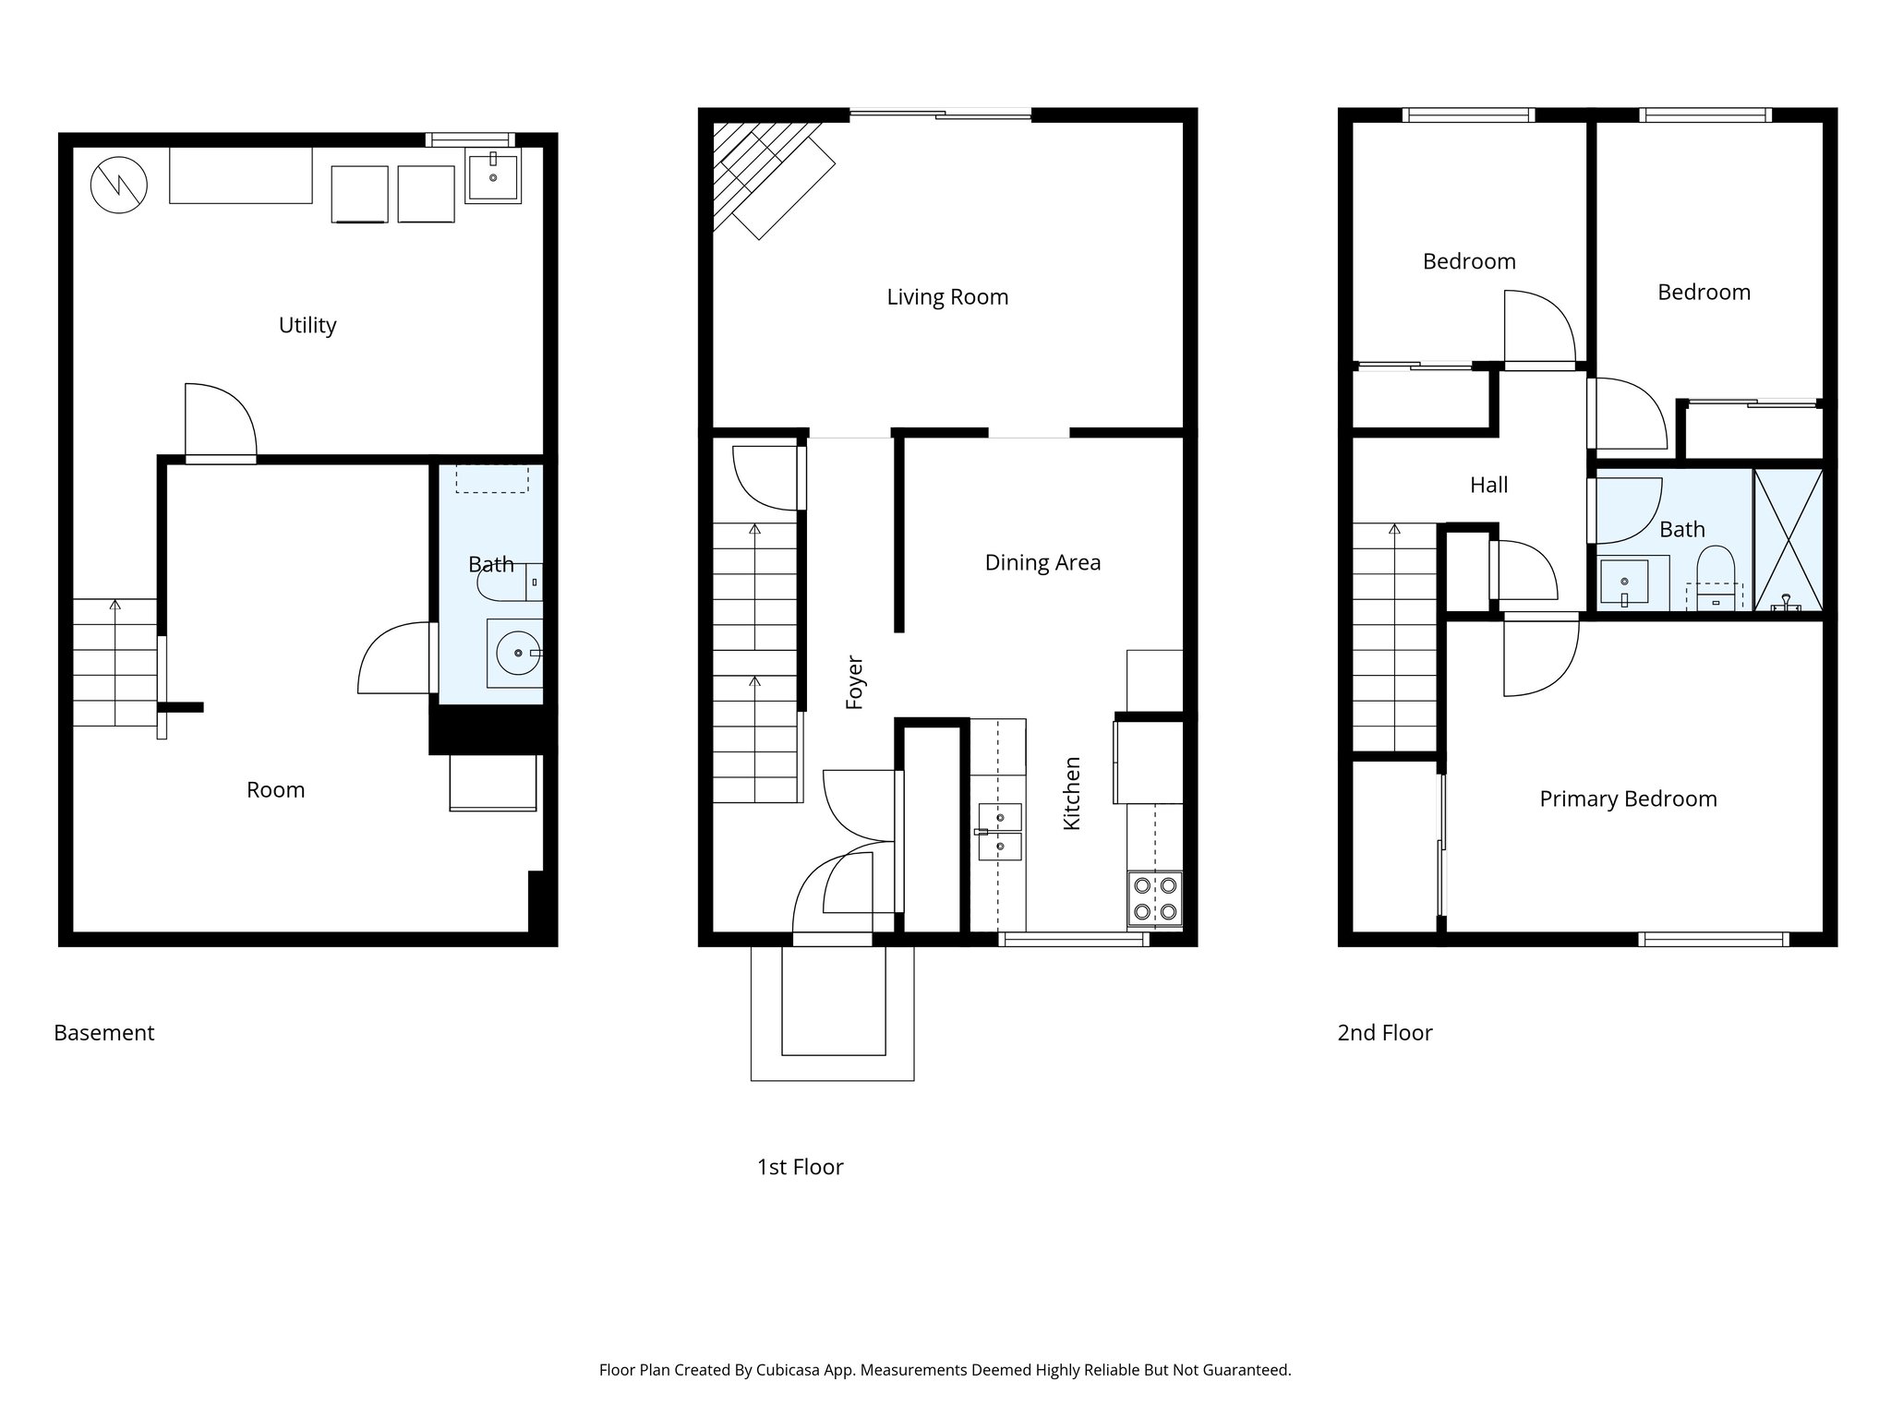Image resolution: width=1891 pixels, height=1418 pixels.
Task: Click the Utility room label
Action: click(x=307, y=325)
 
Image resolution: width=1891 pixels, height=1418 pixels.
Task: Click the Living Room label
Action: click(x=947, y=297)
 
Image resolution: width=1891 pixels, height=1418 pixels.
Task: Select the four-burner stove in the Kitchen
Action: click(x=1155, y=898)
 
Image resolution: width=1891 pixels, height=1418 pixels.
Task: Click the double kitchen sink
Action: click(x=1000, y=832)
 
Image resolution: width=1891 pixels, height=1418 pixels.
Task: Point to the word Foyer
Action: click(x=855, y=682)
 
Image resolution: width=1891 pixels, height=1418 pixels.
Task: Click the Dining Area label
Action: click(x=1042, y=563)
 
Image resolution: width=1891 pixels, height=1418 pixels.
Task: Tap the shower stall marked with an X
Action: click(x=1789, y=540)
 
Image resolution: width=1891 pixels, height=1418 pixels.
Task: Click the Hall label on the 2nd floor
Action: click(x=1488, y=485)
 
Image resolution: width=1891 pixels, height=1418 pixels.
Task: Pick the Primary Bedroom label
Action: click(x=1628, y=799)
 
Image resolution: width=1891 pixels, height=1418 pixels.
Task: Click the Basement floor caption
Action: click(x=104, y=1033)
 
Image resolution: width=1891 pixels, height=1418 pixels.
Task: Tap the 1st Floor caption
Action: click(x=800, y=1168)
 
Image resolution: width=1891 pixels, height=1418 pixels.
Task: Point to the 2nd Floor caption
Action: click(x=1384, y=1033)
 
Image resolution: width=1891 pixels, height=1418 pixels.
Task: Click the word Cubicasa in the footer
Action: click(x=789, y=1370)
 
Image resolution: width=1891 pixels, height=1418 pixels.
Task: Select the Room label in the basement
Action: click(x=275, y=790)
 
